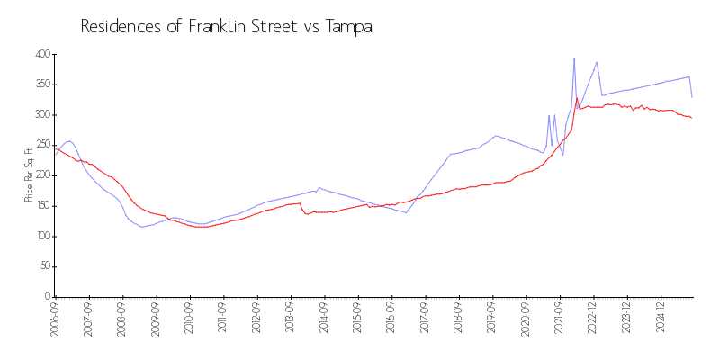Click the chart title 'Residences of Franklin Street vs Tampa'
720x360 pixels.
226,27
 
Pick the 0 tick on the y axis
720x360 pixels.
45,297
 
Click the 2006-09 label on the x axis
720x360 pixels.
55,318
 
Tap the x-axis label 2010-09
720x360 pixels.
189,318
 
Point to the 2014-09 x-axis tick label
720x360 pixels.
324,318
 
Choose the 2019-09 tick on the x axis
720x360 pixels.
492,318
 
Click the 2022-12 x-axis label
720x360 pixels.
593,318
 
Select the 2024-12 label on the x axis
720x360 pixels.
661,318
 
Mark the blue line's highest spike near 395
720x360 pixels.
574,58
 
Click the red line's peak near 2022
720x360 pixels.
577,98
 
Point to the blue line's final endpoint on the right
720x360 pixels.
691,97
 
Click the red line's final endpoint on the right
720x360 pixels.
691,118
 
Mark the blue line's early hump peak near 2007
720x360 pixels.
68,141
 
